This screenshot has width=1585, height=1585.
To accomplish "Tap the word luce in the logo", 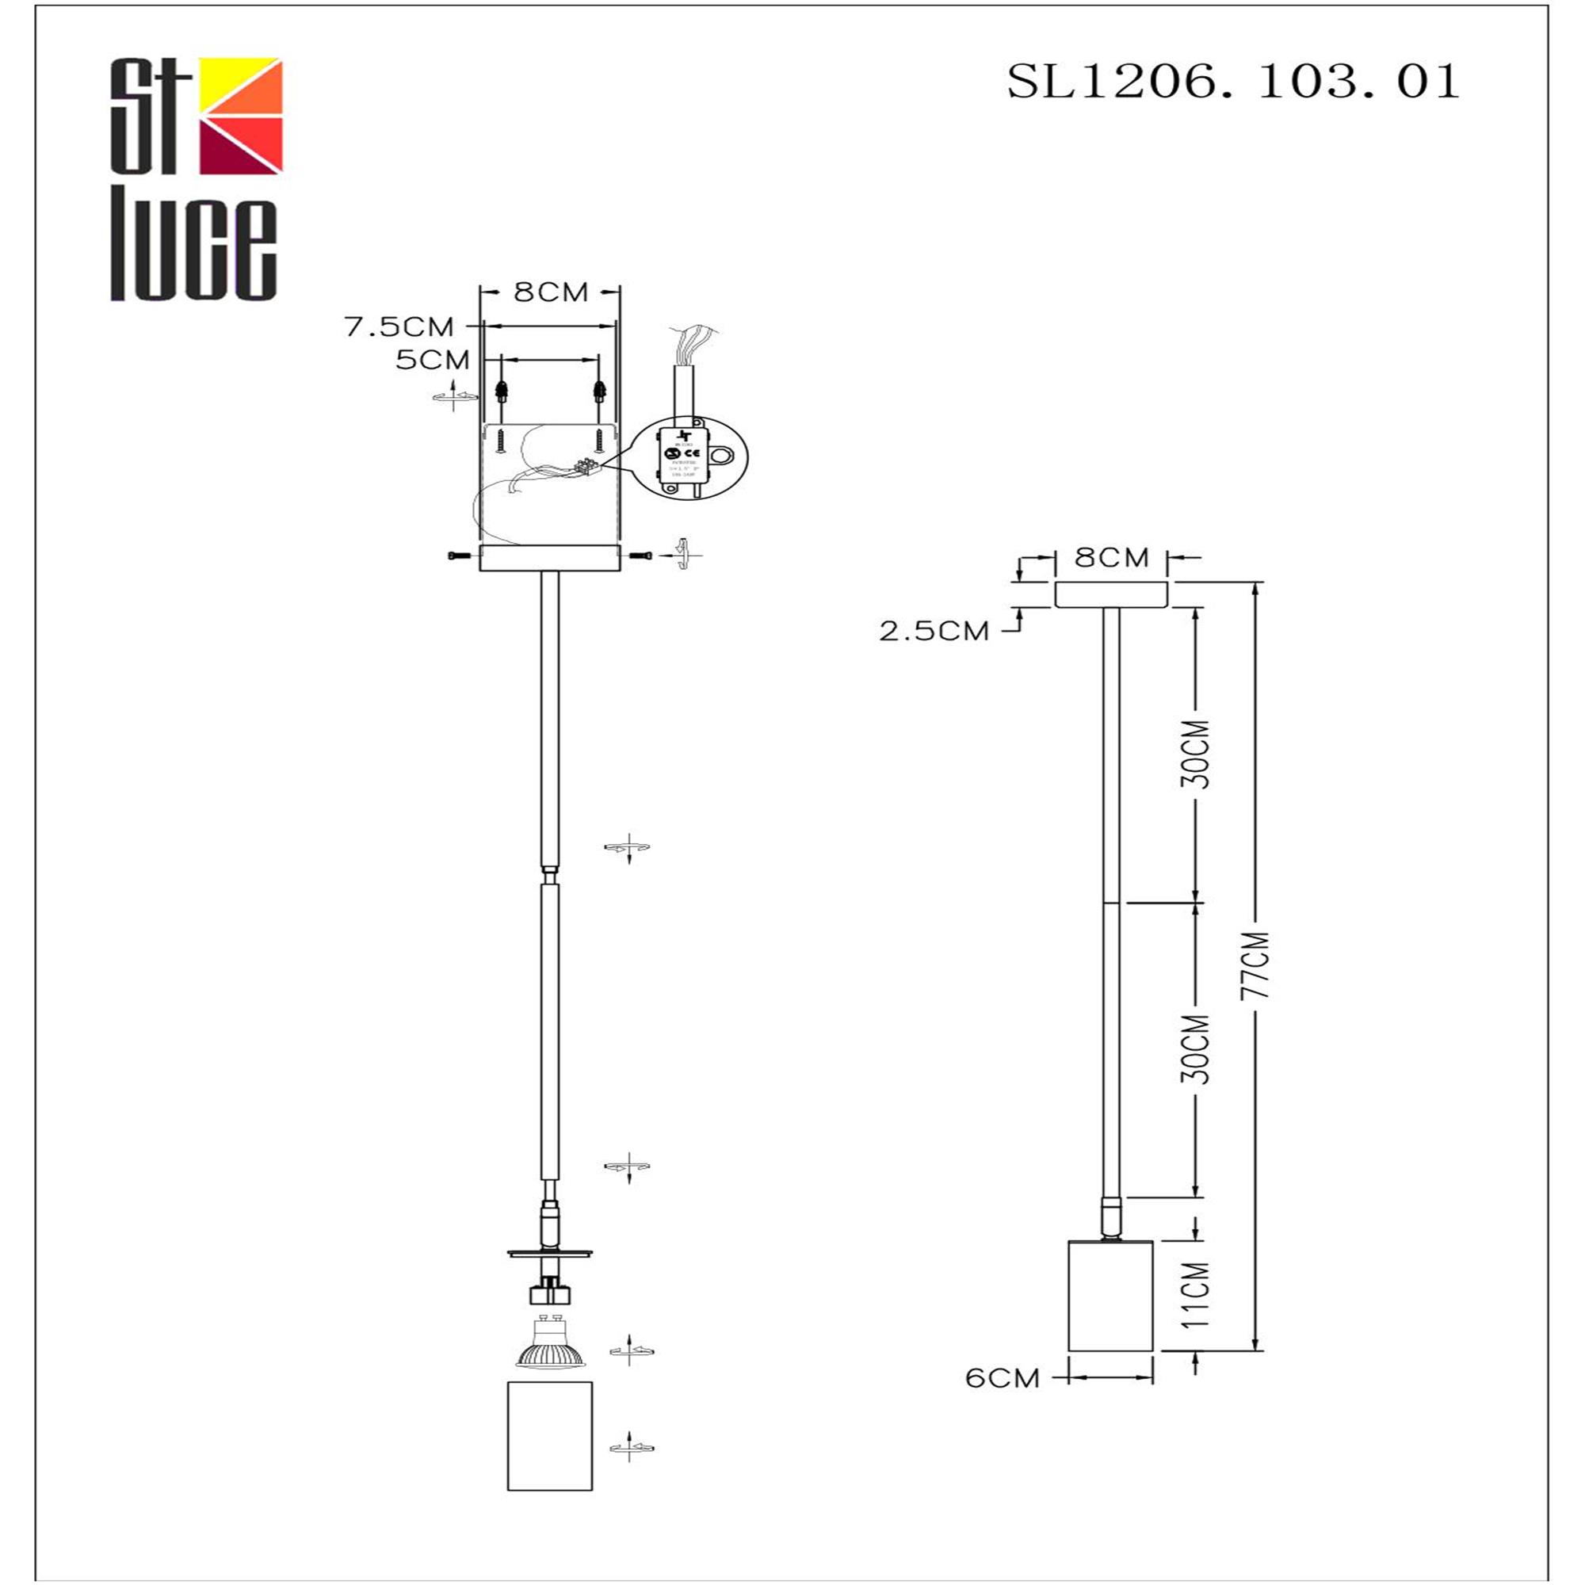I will (x=193, y=249).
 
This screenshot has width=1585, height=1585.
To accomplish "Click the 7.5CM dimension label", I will (x=399, y=327).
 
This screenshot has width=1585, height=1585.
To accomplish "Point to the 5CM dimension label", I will (x=433, y=359).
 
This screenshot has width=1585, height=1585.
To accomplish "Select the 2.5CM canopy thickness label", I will (x=934, y=631).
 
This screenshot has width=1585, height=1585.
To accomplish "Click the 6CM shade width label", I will (x=1003, y=1378).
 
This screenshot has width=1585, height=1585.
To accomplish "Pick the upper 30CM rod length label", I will (x=1196, y=754).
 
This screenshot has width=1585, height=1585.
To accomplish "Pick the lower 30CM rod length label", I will (x=1196, y=1050).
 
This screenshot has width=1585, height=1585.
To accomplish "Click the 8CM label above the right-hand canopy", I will (x=1112, y=558).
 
